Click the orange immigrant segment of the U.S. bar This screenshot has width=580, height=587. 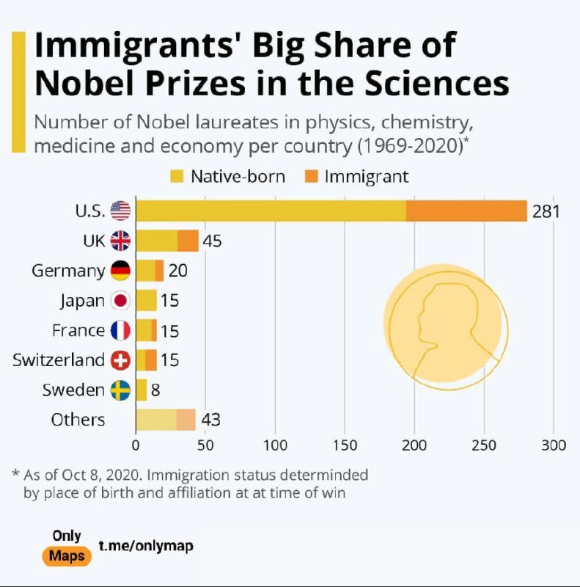(x=466, y=211)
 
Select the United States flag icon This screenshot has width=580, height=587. (x=120, y=211)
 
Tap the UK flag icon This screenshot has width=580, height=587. (x=120, y=241)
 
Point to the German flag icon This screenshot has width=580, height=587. (x=120, y=271)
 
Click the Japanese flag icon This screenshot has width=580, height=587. (x=120, y=300)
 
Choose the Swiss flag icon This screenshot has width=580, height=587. (x=120, y=360)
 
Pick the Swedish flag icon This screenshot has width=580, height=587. (x=120, y=390)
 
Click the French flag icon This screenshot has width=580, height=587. (x=120, y=330)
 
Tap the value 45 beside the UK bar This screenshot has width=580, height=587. (x=212, y=241)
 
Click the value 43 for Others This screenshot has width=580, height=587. (x=211, y=420)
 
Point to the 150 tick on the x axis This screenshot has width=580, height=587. (x=345, y=445)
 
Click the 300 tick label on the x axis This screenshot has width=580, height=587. (x=554, y=445)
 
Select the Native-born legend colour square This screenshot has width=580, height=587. (x=176, y=177)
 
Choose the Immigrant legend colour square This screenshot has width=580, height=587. (x=310, y=177)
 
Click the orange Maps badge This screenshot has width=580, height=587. (x=67, y=555)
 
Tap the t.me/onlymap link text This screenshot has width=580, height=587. (x=147, y=546)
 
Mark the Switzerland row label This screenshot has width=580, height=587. (x=59, y=360)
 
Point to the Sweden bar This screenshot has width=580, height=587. (x=142, y=390)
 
